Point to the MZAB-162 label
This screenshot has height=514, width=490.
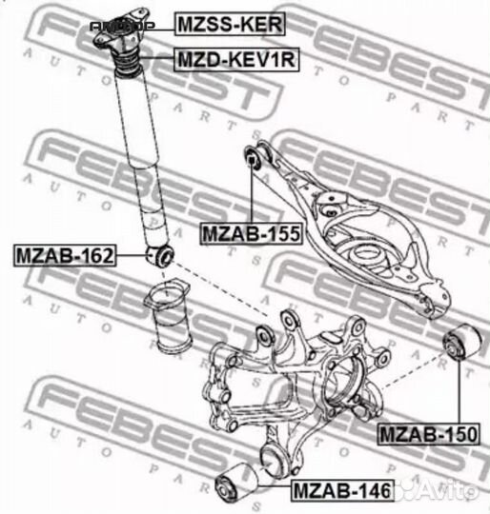tap(64, 255)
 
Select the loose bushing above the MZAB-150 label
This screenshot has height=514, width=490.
tap(460, 342)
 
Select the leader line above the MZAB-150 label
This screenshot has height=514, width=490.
tap(460, 390)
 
